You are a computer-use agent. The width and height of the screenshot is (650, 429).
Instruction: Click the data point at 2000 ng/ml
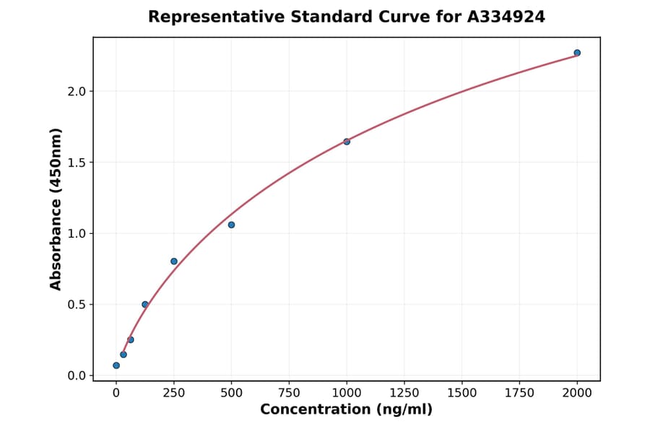pyautogui.click(x=577, y=53)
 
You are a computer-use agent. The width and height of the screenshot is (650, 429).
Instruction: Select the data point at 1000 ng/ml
pyautogui.click(x=347, y=142)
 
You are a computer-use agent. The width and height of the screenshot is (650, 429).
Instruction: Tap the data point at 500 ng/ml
pyautogui.click(x=231, y=225)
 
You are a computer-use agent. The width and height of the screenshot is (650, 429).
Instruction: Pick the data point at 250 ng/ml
pyautogui.click(x=174, y=261)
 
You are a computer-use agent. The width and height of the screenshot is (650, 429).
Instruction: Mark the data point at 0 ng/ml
pyautogui.click(x=116, y=365)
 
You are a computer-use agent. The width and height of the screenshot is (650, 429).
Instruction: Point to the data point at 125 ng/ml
pyautogui.click(x=145, y=305)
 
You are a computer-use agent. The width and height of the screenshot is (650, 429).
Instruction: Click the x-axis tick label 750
pyautogui.click(x=289, y=393)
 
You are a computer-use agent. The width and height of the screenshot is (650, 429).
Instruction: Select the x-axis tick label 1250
pyautogui.click(x=404, y=393)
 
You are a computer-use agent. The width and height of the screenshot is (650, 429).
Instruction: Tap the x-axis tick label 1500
pyautogui.click(x=462, y=393)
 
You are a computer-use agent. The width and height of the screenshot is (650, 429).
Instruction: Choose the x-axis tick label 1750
pyautogui.click(x=519, y=393)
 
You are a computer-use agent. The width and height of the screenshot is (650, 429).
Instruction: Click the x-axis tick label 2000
pyautogui.click(x=577, y=393)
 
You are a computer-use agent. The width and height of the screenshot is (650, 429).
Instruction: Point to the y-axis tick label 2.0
pyautogui.click(x=77, y=92)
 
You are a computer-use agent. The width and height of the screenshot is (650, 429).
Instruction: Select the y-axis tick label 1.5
pyautogui.click(x=77, y=162)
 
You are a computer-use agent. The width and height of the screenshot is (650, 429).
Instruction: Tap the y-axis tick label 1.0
pyautogui.click(x=77, y=233)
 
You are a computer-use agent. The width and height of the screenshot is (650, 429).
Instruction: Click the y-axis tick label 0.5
pyautogui.click(x=77, y=305)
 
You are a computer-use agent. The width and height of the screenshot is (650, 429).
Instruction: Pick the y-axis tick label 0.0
pyautogui.click(x=77, y=376)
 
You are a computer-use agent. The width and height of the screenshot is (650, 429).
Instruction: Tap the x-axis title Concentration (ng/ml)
pyautogui.click(x=346, y=410)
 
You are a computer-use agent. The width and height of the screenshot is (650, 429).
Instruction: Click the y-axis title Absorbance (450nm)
pyautogui.click(x=56, y=209)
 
